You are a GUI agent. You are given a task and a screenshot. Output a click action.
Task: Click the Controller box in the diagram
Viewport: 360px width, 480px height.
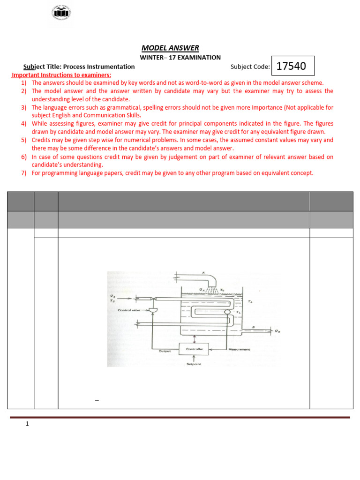194,349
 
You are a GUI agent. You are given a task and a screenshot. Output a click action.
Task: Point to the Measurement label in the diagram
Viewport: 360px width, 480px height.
239,349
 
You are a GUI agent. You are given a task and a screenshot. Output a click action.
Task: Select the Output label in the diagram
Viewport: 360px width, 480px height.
165,351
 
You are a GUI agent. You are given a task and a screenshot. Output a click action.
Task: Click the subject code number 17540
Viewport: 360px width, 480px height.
291,66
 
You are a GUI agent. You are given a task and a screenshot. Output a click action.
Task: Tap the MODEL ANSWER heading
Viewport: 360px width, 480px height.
170,48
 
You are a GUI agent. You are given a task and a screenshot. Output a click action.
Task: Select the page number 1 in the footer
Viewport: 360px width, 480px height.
27,424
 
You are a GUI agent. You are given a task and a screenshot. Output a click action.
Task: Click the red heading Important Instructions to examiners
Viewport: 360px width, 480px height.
61,75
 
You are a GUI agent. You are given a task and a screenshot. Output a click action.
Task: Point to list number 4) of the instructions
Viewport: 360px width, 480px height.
23,123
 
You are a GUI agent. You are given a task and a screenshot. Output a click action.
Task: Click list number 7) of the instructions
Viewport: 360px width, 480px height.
23,173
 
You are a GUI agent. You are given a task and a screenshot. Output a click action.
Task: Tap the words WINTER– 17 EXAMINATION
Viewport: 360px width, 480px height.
180,58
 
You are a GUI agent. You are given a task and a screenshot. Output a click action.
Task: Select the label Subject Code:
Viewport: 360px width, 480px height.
250,67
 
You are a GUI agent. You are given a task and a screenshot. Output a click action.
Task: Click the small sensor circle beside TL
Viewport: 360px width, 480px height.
227,312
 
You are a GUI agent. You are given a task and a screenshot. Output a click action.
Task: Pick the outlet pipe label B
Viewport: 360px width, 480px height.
254,327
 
